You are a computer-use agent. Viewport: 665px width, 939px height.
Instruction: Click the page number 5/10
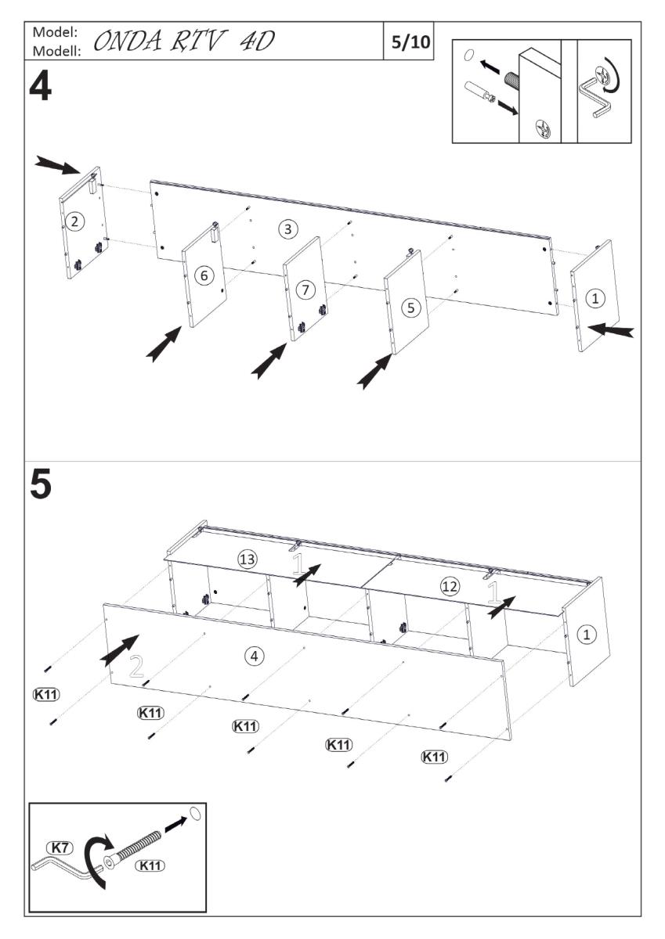click(x=410, y=41)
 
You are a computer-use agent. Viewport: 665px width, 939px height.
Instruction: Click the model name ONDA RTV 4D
click(x=185, y=41)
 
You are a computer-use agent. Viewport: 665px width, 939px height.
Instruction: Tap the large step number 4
click(x=40, y=86)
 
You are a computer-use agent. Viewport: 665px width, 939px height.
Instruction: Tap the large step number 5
click(x=41, y=486)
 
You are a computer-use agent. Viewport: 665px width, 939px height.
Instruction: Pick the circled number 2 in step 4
click(x=74, y=221)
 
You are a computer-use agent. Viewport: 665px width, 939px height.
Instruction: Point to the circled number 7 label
click(x=305, y=290)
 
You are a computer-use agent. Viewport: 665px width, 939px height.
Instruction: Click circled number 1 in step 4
click(x=596, y=297)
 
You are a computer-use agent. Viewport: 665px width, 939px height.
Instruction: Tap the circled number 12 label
click(x=449, y=585)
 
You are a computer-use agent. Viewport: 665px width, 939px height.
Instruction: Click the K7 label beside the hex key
click(x=60, y=847)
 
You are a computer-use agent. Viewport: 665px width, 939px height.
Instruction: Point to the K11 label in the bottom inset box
click(x=150, y=865)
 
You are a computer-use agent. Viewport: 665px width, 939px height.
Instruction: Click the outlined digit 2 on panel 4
click(x=136, y=667)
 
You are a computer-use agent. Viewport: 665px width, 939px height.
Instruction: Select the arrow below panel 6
click(x=165, y=344)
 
